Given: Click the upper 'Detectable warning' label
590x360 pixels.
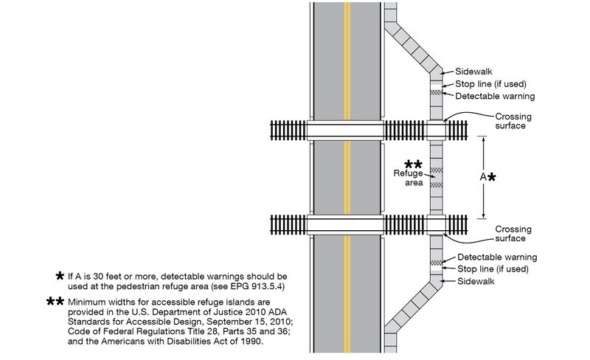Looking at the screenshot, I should [495, 97].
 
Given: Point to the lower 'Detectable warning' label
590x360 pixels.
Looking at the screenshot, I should [495, 257].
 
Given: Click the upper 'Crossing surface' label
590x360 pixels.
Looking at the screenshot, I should [513, 121].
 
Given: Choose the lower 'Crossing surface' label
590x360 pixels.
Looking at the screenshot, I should [513, 234].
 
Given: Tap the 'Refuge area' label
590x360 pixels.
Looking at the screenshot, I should [407, 177].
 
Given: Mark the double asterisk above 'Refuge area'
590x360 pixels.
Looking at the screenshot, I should [413, 164].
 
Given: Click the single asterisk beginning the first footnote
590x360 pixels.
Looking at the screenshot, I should [60, 276].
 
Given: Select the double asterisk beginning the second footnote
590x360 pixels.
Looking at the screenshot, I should [55, 302].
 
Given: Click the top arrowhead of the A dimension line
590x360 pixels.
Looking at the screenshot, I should [484, 139].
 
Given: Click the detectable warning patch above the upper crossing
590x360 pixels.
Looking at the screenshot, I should [436, 92].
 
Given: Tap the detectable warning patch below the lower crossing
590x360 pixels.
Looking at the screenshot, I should [436, 262].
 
